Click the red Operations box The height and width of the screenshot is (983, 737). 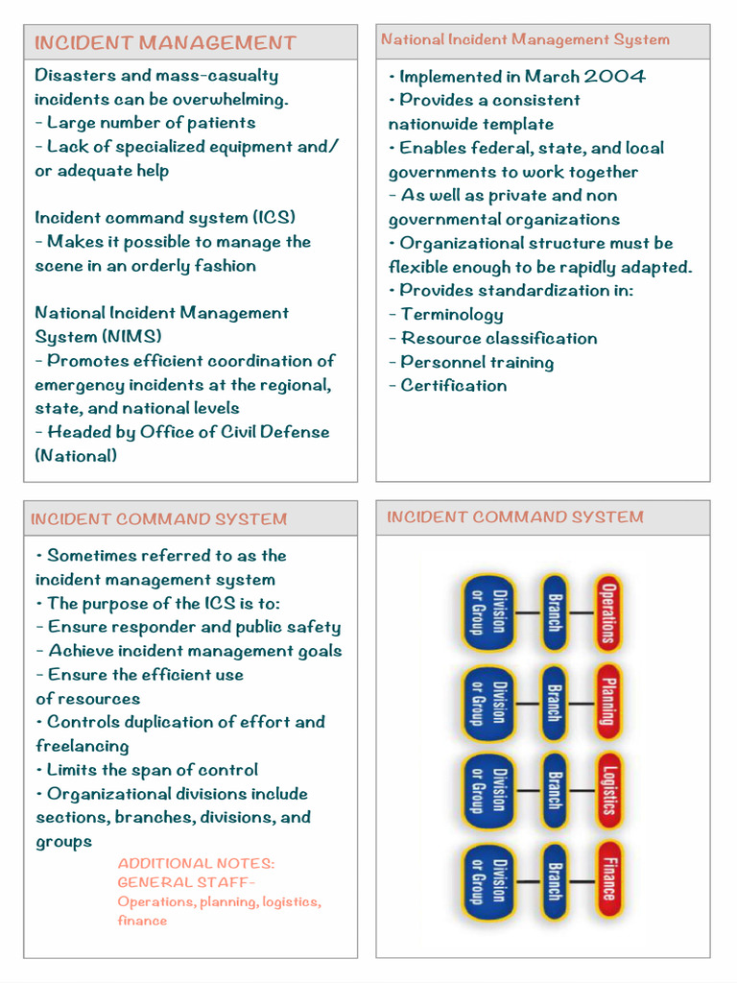pyautogui.click(x=608, y=612)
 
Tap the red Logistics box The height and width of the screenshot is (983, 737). pyautogui.click(x=608, y=791)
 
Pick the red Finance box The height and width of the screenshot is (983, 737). pyautogui.click(x=608, y=880)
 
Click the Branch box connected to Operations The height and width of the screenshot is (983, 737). pyautogui.click(x=554, y=612)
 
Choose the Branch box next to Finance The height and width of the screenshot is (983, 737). pyautogui.click(x=554, y=880)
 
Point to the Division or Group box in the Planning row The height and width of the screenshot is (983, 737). pyautogui.click(x=487, y=702)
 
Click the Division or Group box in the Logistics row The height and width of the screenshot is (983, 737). pyautogui.click(x=487, y=791)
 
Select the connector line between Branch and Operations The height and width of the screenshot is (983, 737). pyautogui.click(x=581, y=612)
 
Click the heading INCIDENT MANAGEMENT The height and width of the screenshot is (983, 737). pyautogui.click(x=165, y=43)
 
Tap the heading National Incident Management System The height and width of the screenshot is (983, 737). pyautogui.click(x=525, y=40)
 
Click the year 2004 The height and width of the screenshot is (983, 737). pyautogui.click(x=615, y=77)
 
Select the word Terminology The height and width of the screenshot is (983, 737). pyautogui.click(x=451, y=314)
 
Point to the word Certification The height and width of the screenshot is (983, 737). pyautogui.click(x=453, y=386)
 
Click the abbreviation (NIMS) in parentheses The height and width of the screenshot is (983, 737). pyautogui.click(x=131, y=337)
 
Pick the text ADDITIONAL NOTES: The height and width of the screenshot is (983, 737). pyautogui.click(x=196, y=864)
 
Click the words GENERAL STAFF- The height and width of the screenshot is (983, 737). pyautogui.click(x=186, y=883)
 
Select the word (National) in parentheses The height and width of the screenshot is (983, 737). pyautogui.click(x=76, y=456)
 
